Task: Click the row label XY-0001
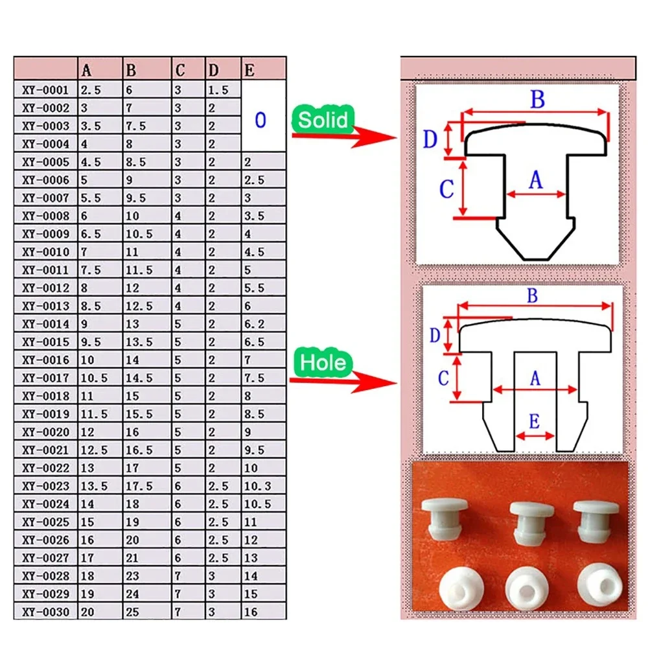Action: [x=45, y=90]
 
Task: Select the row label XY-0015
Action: [x=45, y=341]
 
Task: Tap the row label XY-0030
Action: [x=45, y=610]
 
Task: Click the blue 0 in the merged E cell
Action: [x=260, y=120]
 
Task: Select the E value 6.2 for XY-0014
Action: [x=254, y=324]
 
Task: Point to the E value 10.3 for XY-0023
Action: [x=257, y=486]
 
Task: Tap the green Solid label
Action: [x=323, y=119]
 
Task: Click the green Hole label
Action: [x=323, y=362]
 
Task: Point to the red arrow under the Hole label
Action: [x=343, y=382]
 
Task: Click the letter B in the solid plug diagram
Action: [x=537, y=100]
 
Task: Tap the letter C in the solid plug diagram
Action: [x=446, y=190]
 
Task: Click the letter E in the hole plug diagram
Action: [x=534, y=422]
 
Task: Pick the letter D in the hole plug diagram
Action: [x=436, y=335]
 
